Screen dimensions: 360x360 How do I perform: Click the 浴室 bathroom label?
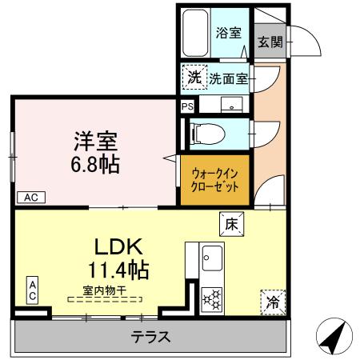coord(229,33)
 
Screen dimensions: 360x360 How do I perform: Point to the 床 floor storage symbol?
coord(228,223)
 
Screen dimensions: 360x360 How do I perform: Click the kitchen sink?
coord(213,258)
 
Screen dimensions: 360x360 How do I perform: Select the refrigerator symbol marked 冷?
coord(272,302)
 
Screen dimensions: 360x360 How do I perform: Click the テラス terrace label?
coord(150,337)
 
